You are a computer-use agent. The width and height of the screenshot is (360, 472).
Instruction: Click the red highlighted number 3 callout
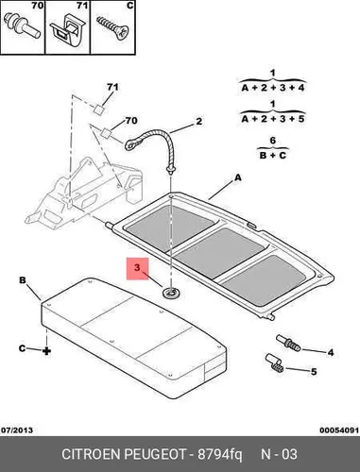coord(137,269)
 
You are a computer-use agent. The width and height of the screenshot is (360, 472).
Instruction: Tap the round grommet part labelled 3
coord(171,294)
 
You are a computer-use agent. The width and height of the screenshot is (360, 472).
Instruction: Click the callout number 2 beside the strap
coord(198,122)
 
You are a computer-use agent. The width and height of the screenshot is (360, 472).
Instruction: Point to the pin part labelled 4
coord(288,344)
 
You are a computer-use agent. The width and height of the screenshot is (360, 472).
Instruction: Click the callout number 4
coord(331,352)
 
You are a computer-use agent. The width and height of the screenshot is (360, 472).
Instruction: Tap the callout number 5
coord(314,372)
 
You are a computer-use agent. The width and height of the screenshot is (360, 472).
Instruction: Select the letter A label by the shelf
coord(238,177)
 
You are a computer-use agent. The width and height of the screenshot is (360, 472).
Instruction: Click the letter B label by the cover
coord(23,280)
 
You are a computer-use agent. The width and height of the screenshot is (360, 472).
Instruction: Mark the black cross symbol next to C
coord(46,350)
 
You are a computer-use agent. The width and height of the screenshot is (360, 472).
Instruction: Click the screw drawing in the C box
coord(112,28)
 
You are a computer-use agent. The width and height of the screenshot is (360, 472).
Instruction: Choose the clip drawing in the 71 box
coord(67,31)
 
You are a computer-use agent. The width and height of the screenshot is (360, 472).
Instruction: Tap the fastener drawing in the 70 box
coord(22,25)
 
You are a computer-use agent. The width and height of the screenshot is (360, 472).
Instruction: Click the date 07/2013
coord(17,430)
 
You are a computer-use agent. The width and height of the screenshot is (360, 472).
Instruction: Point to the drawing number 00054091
coord(339,430)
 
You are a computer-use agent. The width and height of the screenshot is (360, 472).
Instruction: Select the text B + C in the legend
coord(273,155)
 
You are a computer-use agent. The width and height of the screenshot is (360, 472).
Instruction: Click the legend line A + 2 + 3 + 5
coord(273,119)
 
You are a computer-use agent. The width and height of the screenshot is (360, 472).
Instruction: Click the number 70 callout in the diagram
coord(131,121)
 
